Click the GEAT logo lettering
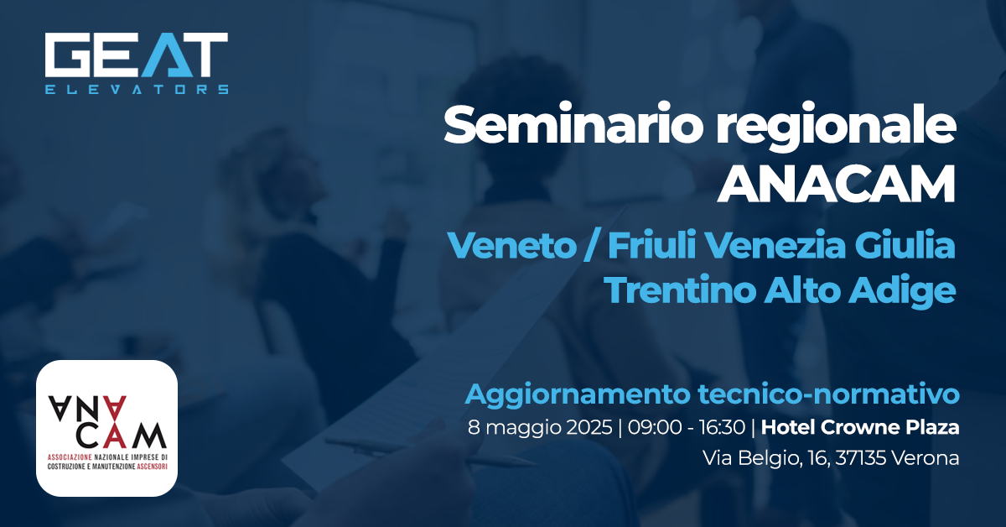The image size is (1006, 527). click(137, 56)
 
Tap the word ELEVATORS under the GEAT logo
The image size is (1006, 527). click(137, 88)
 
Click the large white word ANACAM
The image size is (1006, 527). click(837, 185)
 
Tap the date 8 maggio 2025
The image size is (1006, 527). click(540, 427)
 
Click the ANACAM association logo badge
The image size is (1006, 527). click(106, 428)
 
